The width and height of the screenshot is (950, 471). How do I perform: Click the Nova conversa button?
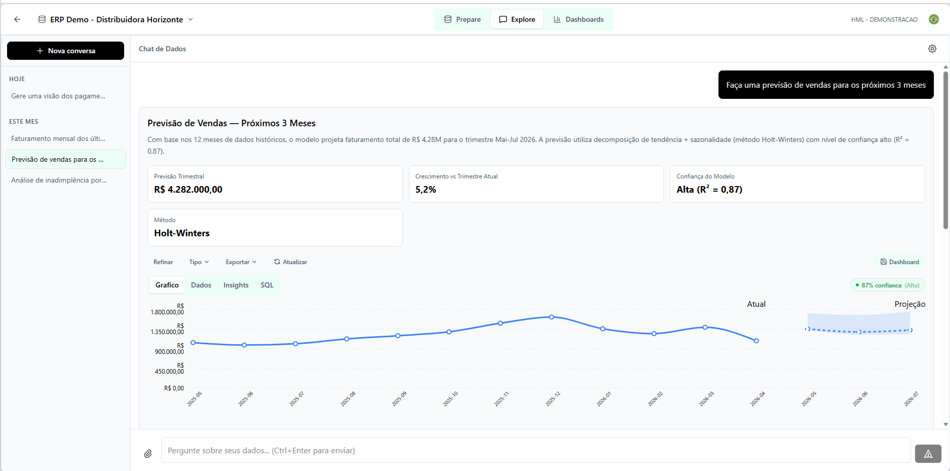[x=65, y=51]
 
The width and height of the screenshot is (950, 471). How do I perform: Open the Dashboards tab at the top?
[x=578, y=19]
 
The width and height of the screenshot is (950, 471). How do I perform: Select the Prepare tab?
[x=462, y=19]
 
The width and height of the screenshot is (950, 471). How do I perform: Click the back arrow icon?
[x=17, y=19]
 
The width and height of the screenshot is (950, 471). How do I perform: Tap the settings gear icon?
[x=932, y=49]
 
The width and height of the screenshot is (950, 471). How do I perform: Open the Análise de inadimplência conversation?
[x=59, y=180]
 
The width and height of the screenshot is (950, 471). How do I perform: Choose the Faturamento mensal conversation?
[x=58, y=138]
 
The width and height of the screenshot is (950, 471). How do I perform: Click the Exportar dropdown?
[x=241, y=262]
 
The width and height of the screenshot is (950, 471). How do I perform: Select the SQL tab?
[x=267, y=285]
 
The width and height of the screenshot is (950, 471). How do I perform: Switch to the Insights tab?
[x=236, y=285]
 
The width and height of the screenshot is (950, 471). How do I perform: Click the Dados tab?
[x=201, y=285]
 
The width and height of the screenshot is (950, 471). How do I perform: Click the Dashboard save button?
[x=899, y=262]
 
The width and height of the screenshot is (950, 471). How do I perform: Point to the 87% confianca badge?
[x=887, y=285]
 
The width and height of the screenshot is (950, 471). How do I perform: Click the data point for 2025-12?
[x=551, y=317]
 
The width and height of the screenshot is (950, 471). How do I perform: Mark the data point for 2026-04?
[x=756, y=341]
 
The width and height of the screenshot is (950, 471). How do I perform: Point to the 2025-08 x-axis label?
[x=348, y=398]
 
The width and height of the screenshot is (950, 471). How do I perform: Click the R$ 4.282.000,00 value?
[x=188, y=190]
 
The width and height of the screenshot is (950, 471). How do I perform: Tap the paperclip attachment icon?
[x=148, y=454]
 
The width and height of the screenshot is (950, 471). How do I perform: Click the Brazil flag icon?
[x=933, y=19]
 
